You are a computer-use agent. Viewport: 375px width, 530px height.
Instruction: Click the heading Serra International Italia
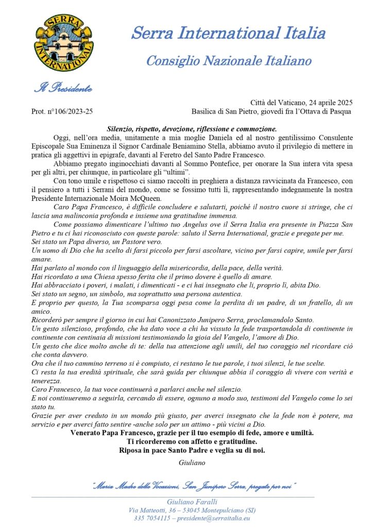click(x=228, y=33)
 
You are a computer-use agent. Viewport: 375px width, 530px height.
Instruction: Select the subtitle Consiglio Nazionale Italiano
click(x=229, y=61)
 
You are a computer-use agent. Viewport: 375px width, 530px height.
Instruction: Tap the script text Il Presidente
click(x=63, y=88)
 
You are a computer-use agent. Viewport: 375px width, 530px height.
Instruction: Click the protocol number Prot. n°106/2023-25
click(x=62, y=111)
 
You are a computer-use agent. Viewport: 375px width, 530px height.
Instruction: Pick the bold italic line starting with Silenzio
click(x=192, y=129)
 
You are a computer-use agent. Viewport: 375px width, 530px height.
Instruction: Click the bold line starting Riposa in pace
click(x=192, y=451)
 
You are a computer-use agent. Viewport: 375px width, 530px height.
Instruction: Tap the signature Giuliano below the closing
click(x=192, y=463)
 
